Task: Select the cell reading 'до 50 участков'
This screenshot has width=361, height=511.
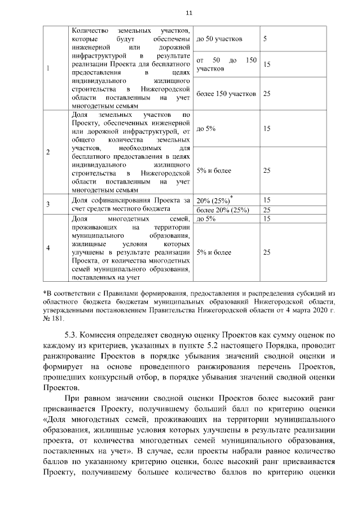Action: click(219, 39)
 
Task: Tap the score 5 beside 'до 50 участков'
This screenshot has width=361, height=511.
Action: click(265, 39)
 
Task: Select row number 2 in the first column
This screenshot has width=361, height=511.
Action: click(48, 152)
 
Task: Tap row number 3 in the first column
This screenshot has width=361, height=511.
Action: click(48, 204)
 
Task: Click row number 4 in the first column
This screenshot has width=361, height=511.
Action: click(48, 248)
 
